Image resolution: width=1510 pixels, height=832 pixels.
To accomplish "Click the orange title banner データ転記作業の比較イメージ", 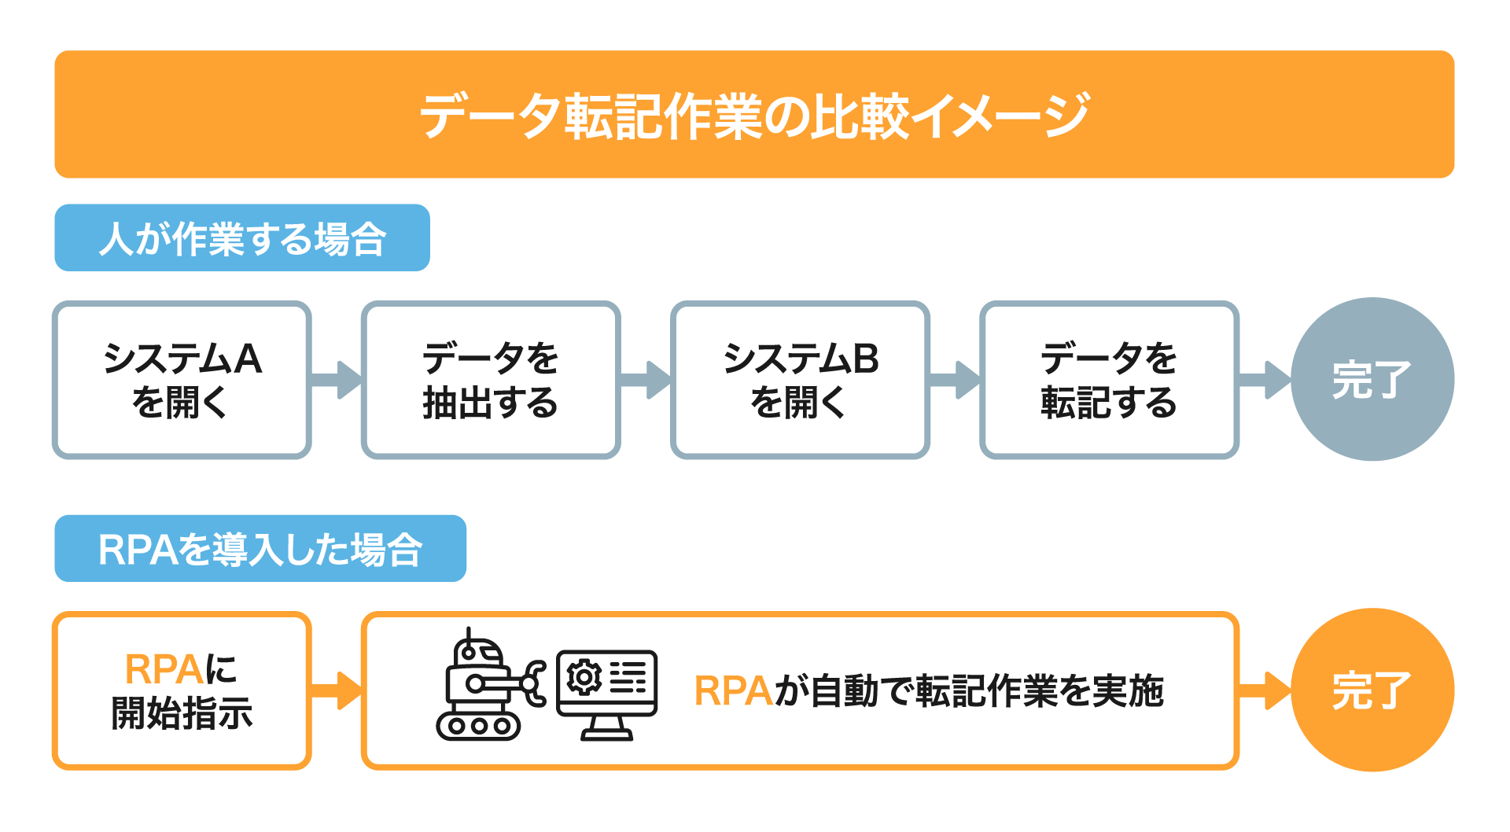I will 754,115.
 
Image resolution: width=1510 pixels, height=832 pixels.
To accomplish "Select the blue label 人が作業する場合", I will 241,237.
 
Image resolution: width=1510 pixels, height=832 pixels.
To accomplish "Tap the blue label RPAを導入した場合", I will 260,548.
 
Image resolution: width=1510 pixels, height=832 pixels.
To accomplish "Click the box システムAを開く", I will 182,380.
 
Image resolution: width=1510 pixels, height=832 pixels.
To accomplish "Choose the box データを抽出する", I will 491,380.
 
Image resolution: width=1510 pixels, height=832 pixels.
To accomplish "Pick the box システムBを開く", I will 800,380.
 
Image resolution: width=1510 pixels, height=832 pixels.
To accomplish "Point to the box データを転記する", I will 1109,380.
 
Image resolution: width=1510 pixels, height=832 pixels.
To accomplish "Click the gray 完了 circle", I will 1372,379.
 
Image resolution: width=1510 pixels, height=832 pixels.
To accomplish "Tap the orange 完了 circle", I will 1372,690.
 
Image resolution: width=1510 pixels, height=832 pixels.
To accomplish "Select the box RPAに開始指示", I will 182,690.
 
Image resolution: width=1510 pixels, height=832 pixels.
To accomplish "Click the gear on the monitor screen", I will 584,677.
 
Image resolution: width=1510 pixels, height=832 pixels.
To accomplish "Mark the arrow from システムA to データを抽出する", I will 337,380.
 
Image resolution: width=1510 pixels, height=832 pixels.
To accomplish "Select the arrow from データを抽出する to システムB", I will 646,380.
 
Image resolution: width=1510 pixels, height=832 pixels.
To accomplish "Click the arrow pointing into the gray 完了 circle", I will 1265,380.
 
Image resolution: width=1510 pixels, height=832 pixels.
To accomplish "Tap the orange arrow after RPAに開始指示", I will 337,690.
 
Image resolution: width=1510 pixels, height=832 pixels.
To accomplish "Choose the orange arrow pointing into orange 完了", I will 1265,690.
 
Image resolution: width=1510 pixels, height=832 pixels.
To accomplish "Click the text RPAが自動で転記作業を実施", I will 928,690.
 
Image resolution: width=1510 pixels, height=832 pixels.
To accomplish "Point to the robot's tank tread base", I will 479,726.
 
